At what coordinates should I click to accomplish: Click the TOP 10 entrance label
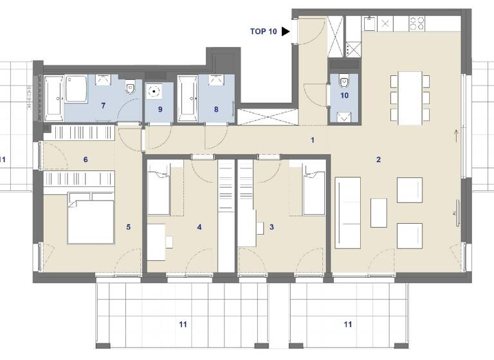[x=263, y=31]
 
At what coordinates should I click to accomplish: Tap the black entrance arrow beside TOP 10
[x=286, y=31]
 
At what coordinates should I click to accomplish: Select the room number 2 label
[x=379, y=159]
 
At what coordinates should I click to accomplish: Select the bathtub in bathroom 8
[x=187, y=98]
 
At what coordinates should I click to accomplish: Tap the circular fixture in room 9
[x=154, y=91]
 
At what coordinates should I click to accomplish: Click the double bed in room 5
[x=91, y=221]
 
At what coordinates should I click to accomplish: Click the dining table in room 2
[x=410, y=98]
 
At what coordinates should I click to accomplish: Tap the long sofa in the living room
[x=348, y=212]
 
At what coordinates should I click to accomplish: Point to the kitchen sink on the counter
[x=370, y=24]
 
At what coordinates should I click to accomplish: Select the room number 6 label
[x=86, y=159]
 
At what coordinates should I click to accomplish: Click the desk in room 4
[x=156, y=242]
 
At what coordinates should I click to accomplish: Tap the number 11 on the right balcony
[x=347, y=325]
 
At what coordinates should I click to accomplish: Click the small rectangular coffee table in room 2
[x=379, y=213]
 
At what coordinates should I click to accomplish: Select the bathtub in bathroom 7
[x=53, y=98]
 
